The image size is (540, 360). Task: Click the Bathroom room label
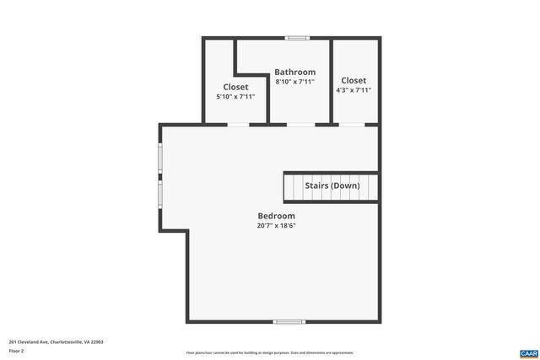(295, 73)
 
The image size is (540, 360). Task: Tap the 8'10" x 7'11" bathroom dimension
(295, 82)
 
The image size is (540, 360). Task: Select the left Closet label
(235, 87)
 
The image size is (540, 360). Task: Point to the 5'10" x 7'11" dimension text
(235, 97)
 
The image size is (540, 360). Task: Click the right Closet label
(354, 81)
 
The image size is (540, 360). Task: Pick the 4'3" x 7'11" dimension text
(354, 90)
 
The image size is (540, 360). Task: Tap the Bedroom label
(276, 216)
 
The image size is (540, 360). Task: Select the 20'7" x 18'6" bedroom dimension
(276, 226)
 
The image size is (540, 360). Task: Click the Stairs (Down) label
(332, 185)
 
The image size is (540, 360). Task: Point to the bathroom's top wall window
(297, 38)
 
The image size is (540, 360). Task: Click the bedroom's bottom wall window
(289, 321)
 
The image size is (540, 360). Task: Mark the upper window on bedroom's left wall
(160, 158)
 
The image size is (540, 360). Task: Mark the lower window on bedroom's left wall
(160, 196)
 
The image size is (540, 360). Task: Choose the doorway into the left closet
(238, 125)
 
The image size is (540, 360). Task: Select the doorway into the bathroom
(300, 125)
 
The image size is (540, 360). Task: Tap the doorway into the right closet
(352, 125)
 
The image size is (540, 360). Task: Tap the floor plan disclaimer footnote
(270, 352)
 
